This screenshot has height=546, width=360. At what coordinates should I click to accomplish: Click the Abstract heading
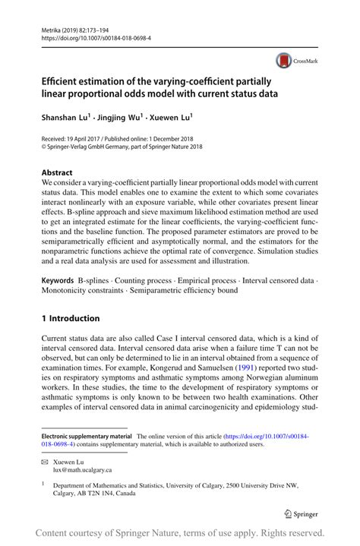click(x=57, y=172)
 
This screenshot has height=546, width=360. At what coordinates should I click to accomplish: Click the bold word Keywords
click(x=58, y=260)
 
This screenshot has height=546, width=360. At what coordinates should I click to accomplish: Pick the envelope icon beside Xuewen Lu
click(x=45, y=462)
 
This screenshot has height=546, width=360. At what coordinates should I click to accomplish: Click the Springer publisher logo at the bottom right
click(x=302, y=512)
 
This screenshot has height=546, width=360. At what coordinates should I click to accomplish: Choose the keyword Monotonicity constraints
click(x=81, y=270)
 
